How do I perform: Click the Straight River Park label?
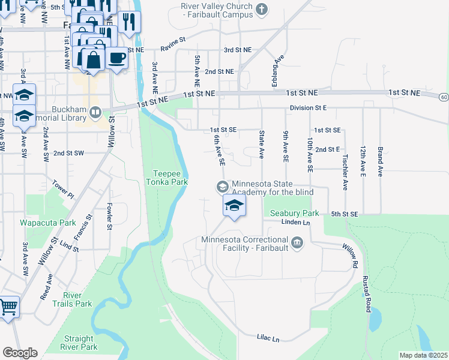click(79, 343)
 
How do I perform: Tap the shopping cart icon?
click(8, 307)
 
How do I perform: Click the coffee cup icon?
click(116, 58)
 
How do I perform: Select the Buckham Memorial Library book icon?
click(95, 112)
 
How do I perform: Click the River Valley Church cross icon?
click(261, 9)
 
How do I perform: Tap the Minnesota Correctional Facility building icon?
click(297, 243)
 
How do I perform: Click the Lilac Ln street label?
click(268, 339)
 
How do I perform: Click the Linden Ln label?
click(295, 223)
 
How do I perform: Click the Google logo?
click(19, 353)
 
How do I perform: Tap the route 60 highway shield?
click(443, 97)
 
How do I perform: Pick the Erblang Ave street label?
click(278, 71)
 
